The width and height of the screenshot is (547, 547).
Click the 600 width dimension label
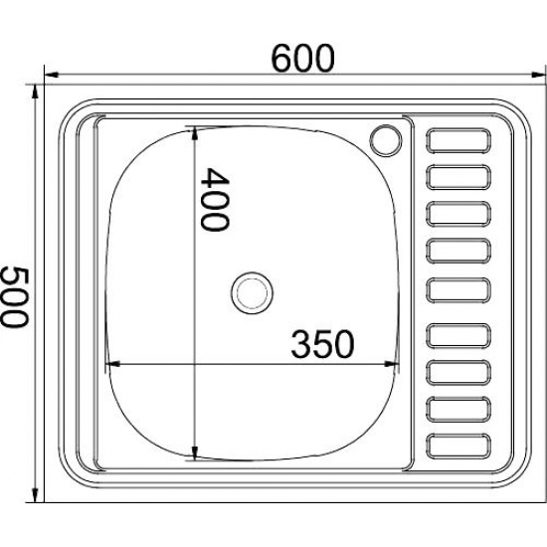[300, 58]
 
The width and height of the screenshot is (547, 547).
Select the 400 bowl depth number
[214, 199]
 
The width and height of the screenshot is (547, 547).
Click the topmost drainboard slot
[459, 140]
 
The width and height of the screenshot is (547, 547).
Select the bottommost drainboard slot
[459, 445]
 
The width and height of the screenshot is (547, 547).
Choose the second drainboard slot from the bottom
[459, 408]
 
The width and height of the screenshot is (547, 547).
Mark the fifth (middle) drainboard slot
[459, 290]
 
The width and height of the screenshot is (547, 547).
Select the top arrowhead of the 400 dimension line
[194, 131]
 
